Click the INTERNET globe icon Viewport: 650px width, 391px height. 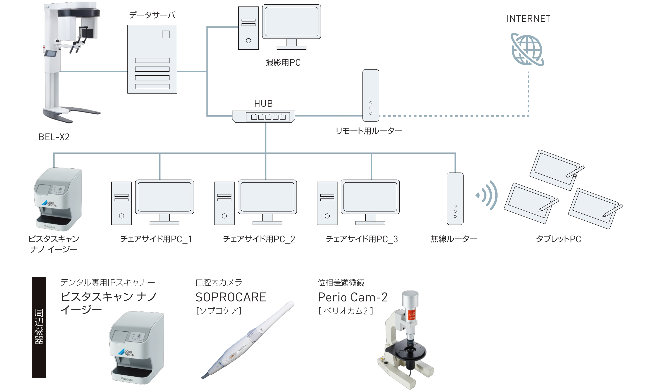click(x=527, y=50)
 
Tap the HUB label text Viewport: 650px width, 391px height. click(x=263, y=104)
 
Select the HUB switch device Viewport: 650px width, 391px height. click(x=263, y=117)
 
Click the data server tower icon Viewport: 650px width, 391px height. click(x=152, y=59)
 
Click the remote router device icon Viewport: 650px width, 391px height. click(x=371, y=95)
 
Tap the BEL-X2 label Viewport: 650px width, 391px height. click(x=54, y=137)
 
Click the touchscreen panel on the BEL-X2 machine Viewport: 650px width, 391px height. click(x=50, y=54)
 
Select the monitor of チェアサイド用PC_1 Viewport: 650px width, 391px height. click(x=164, y=197)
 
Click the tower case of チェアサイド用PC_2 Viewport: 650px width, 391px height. click(x=224, y=203)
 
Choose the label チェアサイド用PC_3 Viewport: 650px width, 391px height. click(x=362, y=239)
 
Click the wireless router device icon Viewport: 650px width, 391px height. click(x=455, y=199)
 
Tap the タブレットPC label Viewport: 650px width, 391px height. click(x=558, y=239)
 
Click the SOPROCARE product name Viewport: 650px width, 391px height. click(x=231, y=297)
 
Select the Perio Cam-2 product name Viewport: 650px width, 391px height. click(x=352, y=297)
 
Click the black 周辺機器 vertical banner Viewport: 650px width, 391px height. click(x=39, y=327)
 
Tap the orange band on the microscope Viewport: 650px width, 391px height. click(x=412, y=315)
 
